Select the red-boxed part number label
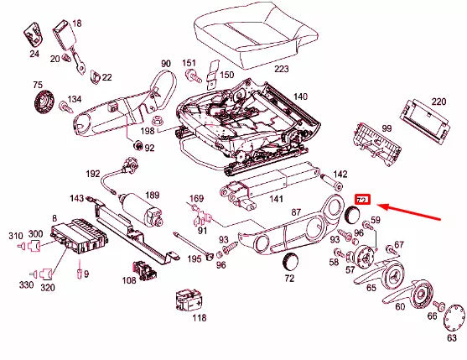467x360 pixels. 362,199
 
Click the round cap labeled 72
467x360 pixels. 292,259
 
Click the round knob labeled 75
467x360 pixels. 40,102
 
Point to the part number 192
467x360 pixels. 92,175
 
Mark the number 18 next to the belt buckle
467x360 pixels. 77,23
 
